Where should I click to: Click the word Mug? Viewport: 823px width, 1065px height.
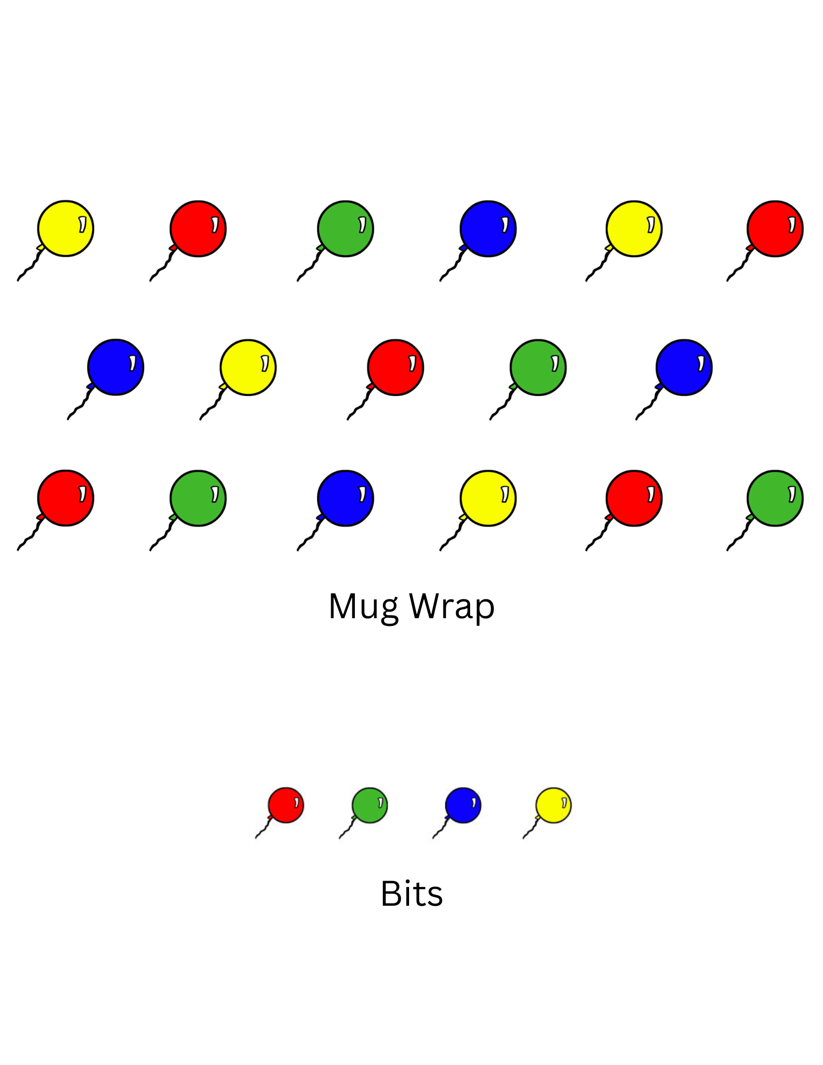click(363, 607)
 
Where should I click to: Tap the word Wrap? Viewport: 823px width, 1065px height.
click(452, 607)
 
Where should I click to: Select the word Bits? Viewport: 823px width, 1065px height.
click(411, 894)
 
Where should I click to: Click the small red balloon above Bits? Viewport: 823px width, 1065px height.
click(286, 805)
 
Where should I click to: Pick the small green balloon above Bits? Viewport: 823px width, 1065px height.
click(369, 805)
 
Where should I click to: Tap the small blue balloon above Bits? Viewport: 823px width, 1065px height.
click(463, 805)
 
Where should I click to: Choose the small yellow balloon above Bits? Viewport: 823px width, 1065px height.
click(553, 805)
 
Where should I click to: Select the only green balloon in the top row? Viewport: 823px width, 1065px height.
click(345, 228)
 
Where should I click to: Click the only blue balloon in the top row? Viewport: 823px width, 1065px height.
click(488, 228)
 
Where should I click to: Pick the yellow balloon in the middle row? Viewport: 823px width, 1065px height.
click(248, 367)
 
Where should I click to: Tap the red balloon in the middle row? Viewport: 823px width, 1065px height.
click(396, 367)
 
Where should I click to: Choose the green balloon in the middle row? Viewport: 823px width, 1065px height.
click(538, 367)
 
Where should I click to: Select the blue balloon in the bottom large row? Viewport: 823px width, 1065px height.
click(345, 498)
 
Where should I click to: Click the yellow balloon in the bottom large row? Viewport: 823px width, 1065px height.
click(488, 498)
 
